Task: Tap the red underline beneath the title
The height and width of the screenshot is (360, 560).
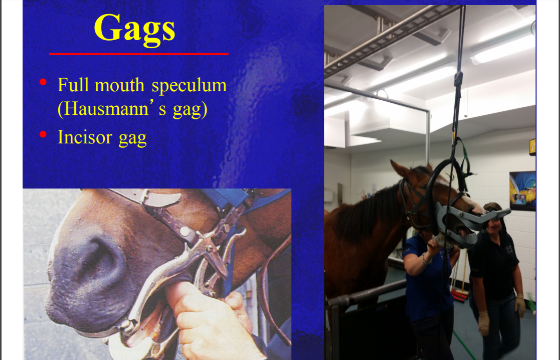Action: pos(138,54)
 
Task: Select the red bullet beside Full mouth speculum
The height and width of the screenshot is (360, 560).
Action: pos(43,82)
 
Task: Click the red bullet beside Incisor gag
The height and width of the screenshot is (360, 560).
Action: pos(43,134)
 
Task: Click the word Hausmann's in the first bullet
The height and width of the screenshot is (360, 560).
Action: pos(112,109)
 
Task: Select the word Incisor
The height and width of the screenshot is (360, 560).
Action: pos(85,137)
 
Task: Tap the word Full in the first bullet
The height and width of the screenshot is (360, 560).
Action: pos(73,85)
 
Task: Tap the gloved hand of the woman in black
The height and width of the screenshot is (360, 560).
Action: pos(484,323)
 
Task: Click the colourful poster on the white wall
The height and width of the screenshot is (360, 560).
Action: pos(522,191)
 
